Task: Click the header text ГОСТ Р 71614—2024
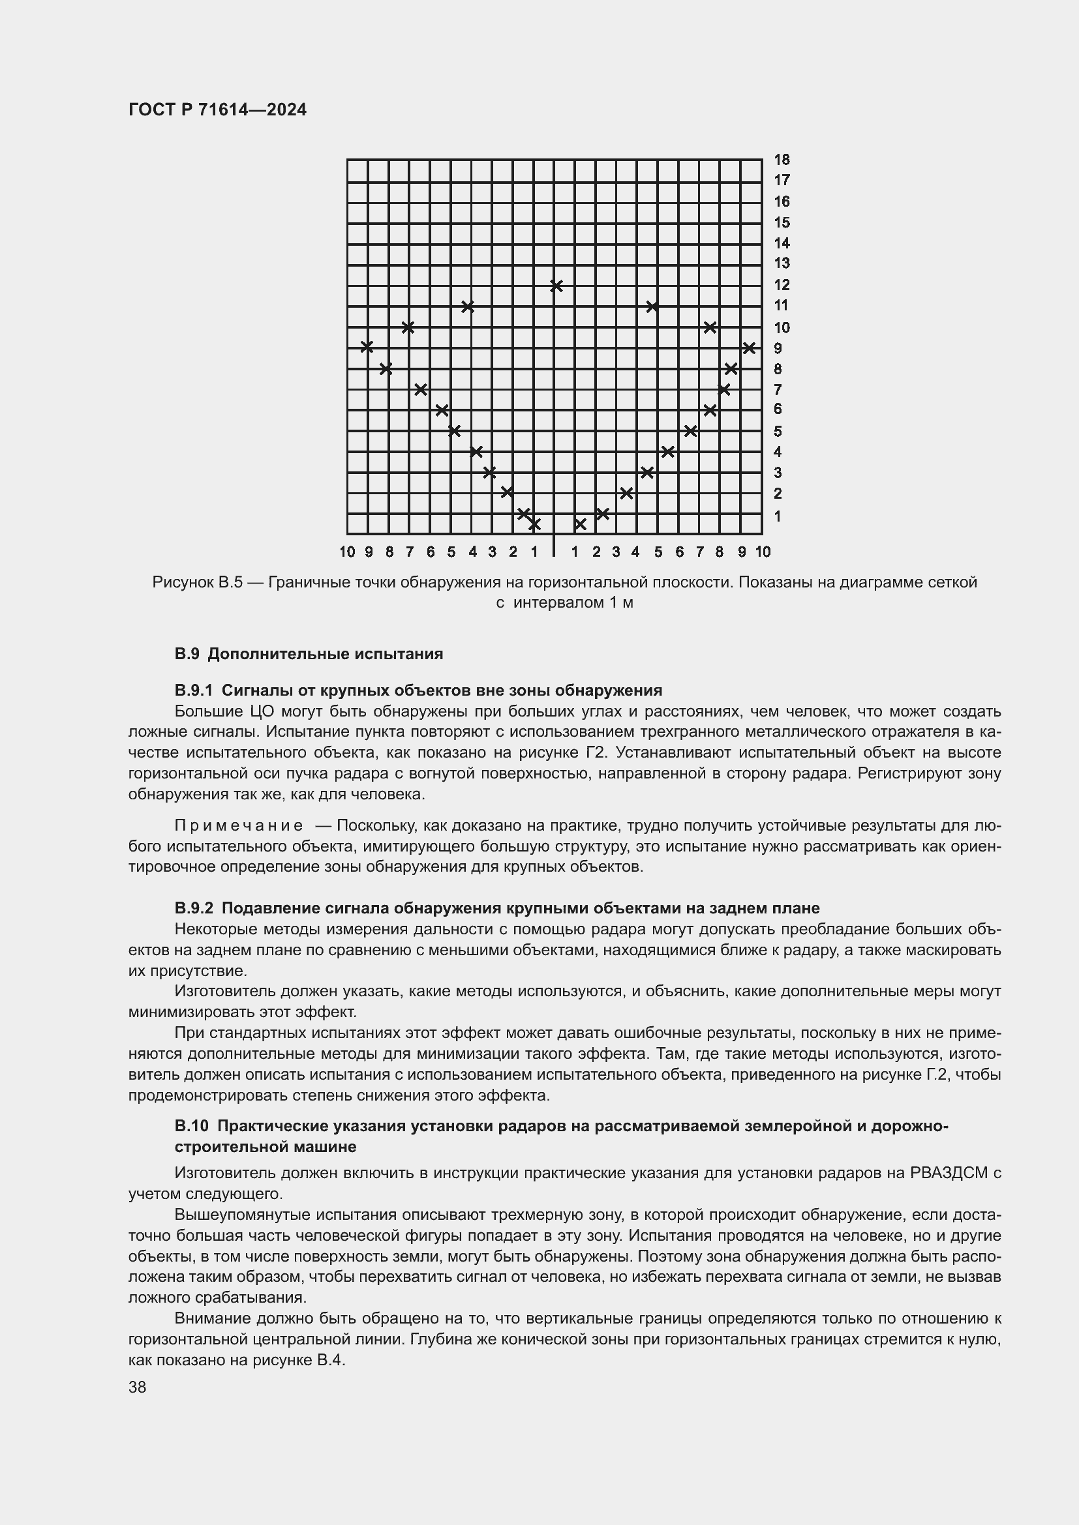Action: pos(217,110)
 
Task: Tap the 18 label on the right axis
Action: pos(782,159)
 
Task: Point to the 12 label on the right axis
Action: pos(782,285)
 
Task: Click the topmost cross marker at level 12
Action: pos(556,286)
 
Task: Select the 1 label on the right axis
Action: pos(778,516)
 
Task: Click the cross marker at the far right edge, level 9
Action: pos(749,348)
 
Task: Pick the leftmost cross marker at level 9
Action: pos(367,346)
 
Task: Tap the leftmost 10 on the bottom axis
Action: pos(347,552)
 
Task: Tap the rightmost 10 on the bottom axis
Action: pos(763,552)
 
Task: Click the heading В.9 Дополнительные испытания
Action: pos(309,654)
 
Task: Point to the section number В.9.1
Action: pos(193,690)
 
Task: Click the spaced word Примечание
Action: pos(239,825)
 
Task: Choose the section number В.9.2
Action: pos(193,908)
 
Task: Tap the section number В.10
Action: pos(191,1126)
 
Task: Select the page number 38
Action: pos(138,1387)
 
